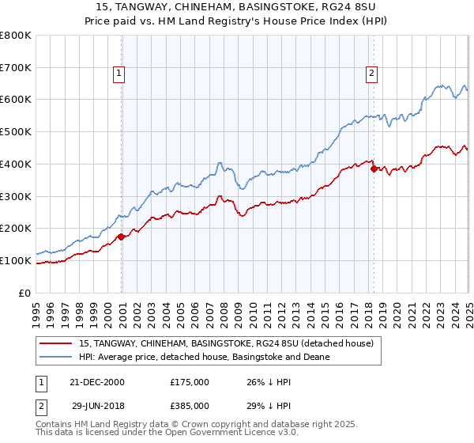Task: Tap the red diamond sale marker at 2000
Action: (x=122, y=236)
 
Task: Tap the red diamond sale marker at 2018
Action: (x=374, y=168)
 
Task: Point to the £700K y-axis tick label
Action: (x=16, y=67)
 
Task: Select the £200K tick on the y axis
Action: (x=16, y=228)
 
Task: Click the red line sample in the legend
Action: (x=56, y=343)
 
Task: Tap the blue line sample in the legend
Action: (x=56, y=357)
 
